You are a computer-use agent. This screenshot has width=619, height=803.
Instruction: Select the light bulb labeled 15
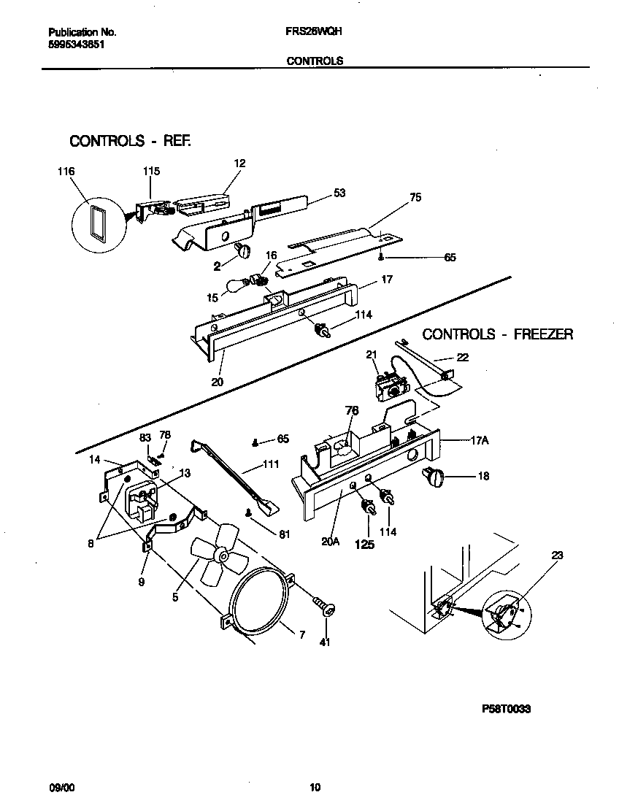[x=234, y=287]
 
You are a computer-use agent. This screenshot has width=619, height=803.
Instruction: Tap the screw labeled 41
[x=325, y=606]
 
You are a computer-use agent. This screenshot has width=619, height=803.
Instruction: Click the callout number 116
[x=66, y=172]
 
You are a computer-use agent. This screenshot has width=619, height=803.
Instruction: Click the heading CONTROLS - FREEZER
[x=498, y=334]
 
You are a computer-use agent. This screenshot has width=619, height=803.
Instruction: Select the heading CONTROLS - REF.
[x=130, y=141]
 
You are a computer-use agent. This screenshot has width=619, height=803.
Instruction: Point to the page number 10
[x=315, y=787]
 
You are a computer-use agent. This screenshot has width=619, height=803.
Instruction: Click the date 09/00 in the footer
[x=61, y=787]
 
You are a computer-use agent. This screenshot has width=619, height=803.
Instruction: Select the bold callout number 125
[x=364, y=544]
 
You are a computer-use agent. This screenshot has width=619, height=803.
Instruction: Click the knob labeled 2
[x=243, y=252]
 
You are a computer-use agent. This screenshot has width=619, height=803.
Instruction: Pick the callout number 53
[x=339, y=193]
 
